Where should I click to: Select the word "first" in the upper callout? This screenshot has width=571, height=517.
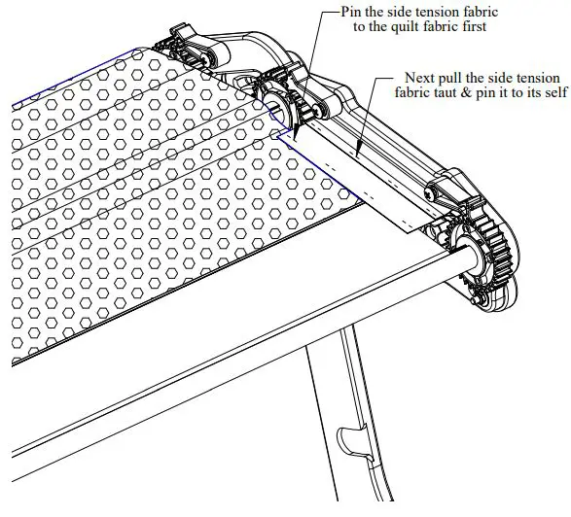click(x=471, y=27)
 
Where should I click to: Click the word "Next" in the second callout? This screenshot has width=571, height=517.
click(x=421, y=76)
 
